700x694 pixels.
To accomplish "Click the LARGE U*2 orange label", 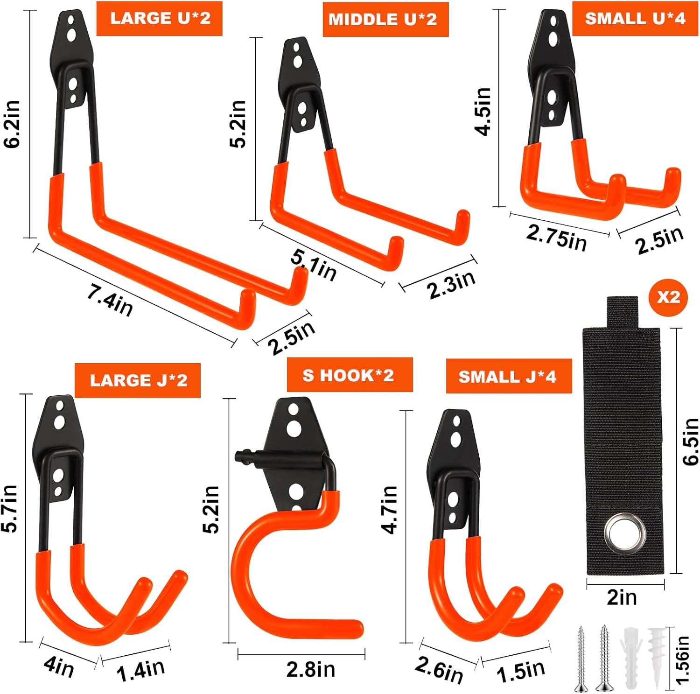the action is (x=159, y=18).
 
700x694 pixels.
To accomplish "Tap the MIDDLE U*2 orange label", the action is (x=385, y=19).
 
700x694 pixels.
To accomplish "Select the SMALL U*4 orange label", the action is (x=635, y=18).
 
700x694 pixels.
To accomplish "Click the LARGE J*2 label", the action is (x=138, y=380).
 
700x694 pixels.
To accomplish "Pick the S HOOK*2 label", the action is (x=350, y=375).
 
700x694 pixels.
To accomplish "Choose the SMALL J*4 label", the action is (x=509, y=376).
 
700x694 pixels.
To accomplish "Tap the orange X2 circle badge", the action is (x=668, y=297).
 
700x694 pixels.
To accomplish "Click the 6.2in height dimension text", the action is (x=12, y=124).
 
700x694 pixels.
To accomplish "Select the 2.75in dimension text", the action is (x=556, y=238).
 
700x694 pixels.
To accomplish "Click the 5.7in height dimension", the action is (x=9, y=508).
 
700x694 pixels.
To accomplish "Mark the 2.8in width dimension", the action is (x=311, y=670).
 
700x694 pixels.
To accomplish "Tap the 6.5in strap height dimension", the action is (x=691, y=442).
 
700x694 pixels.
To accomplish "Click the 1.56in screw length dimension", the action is (x=682, y=659).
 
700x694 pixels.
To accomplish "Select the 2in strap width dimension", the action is (x=622, y=597).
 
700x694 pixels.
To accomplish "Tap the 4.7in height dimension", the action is (x=389, y=509).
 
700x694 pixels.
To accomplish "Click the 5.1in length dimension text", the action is (x=314, y=265).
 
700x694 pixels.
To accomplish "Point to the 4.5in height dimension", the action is (x=483, y=111).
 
